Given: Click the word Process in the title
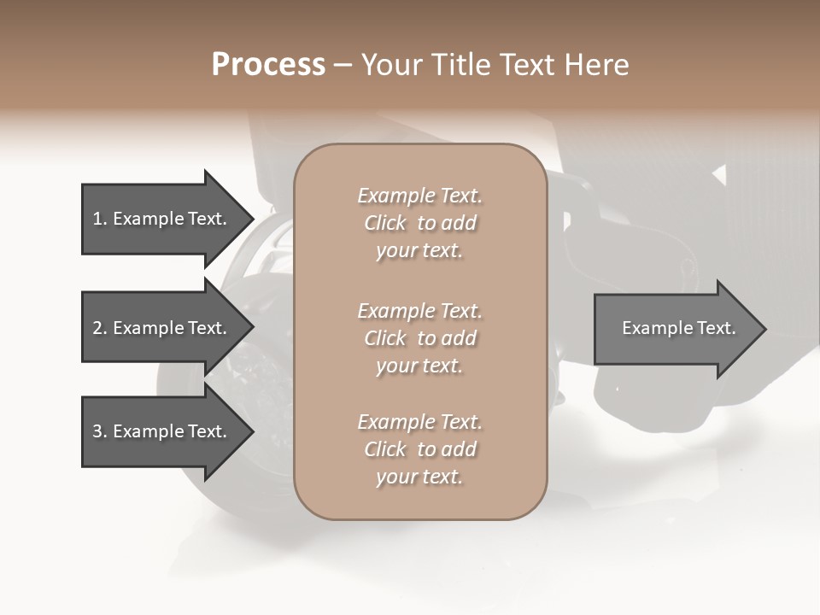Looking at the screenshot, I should tap(268, 65).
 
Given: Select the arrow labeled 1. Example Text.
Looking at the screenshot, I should tap(162, 219).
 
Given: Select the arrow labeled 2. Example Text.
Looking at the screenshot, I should tap(162, 328).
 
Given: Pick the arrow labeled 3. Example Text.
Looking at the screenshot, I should tap(162, 431).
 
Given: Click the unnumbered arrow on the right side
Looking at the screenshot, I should tap(675, 328).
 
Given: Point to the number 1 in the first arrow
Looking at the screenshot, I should tap(98, 219).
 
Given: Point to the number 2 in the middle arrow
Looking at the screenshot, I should tap(98, 328).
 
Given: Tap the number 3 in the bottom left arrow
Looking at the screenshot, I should tap(98, 431).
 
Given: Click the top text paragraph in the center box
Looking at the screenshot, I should tap(419, 223).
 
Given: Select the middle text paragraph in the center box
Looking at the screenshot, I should tap(419, 337).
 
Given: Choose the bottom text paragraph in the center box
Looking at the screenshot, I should tap(419, 449).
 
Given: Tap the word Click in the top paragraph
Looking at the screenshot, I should tap(385, 223).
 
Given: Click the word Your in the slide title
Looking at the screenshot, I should tap(391, 65).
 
